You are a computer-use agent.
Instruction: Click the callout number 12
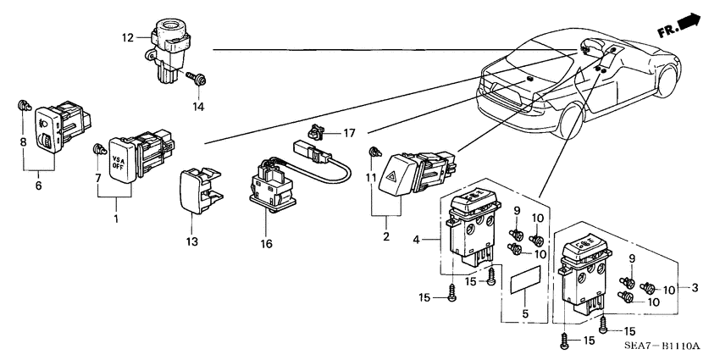point(128,37)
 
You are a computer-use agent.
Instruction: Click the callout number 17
point(349,133)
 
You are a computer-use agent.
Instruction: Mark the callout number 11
point(371,179)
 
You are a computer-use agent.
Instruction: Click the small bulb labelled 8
point(23,108)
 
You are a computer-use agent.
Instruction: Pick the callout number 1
point(117,219)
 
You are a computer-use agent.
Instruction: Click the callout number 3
point(695,288)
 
